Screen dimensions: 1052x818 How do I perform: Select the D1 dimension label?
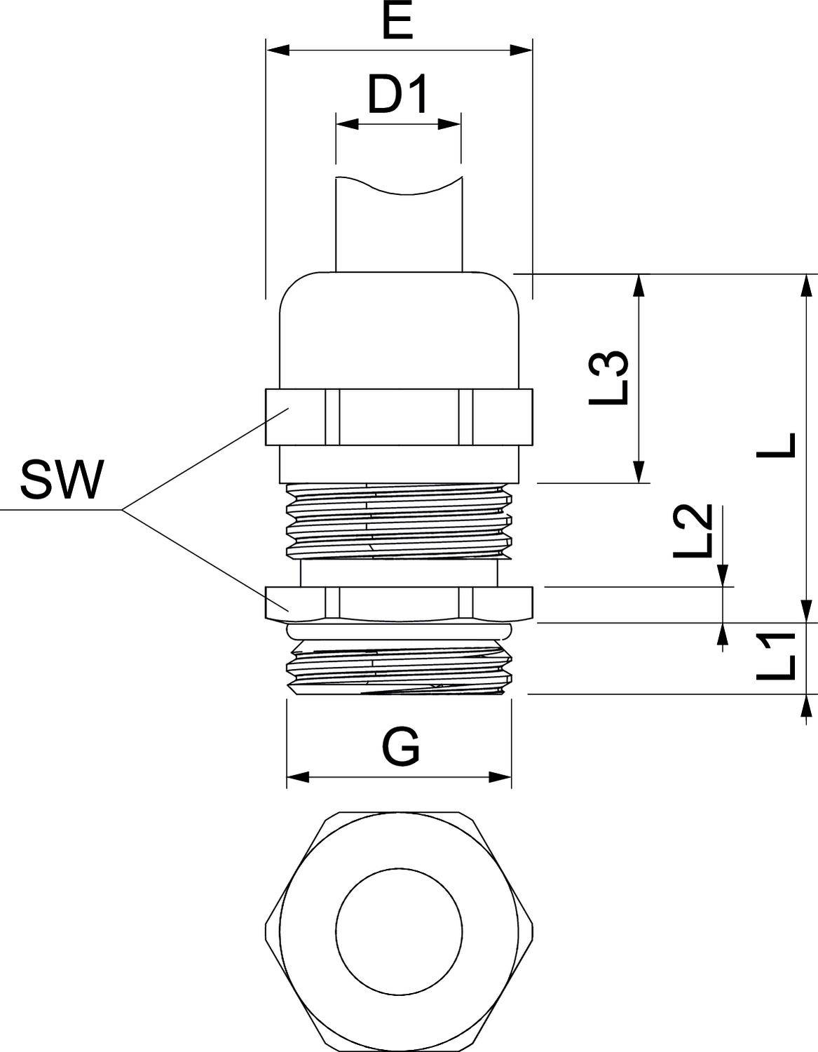[397, 95]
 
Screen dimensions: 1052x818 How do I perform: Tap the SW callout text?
[62, 480]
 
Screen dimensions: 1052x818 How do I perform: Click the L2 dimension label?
[693, 531]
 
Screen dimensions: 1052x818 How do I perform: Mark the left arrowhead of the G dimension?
[299, 777]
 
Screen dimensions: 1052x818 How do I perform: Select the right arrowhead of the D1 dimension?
[449, 124]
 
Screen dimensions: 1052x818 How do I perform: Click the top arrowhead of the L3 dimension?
[639, 285]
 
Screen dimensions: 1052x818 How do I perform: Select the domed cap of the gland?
[399, 330]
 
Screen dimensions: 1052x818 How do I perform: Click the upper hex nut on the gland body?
[399, 417]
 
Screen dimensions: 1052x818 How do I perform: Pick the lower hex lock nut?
[399, 602]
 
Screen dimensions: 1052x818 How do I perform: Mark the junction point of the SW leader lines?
[123, 508]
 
